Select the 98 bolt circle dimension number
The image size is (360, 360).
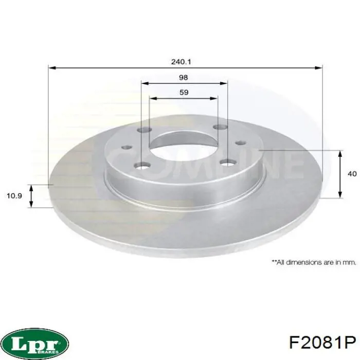tap(184, 78)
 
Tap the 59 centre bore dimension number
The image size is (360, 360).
tap(184, 93)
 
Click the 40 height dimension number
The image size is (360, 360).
tap(352, 174)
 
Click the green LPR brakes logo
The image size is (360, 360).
tap(35, 342)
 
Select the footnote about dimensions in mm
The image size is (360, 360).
tap(313, 262)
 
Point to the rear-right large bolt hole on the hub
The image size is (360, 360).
tap(221, 127)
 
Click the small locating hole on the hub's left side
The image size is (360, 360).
tap(125, 147)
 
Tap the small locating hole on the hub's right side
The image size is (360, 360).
tap(240, 143)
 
